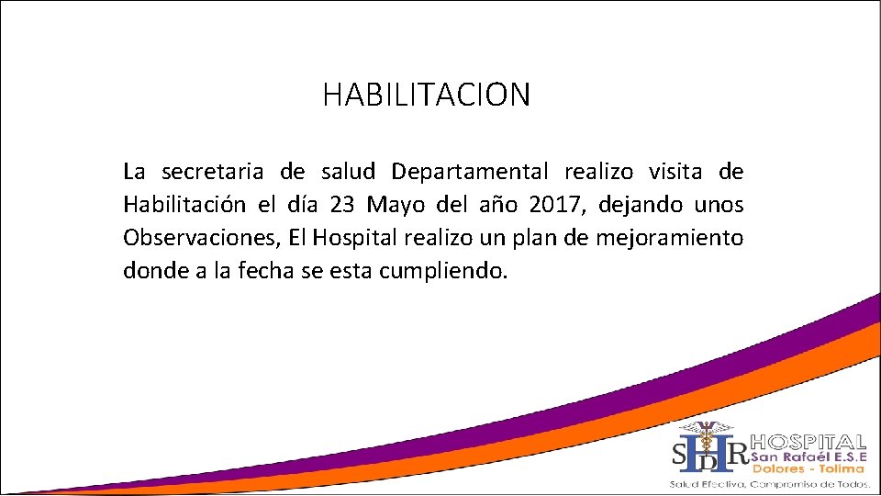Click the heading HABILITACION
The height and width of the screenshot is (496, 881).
(x=426, y=94)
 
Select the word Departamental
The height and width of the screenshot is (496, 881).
(x=470, y=172)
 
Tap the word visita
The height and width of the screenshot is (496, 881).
(x=676, y=172)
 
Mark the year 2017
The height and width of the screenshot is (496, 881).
(x=554, y=205)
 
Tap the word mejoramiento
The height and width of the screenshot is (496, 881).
(x=669, y=239)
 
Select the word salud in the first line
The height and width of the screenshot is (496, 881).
(x=349, y=172)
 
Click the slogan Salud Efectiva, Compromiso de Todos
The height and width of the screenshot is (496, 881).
(x=769, y=483)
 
